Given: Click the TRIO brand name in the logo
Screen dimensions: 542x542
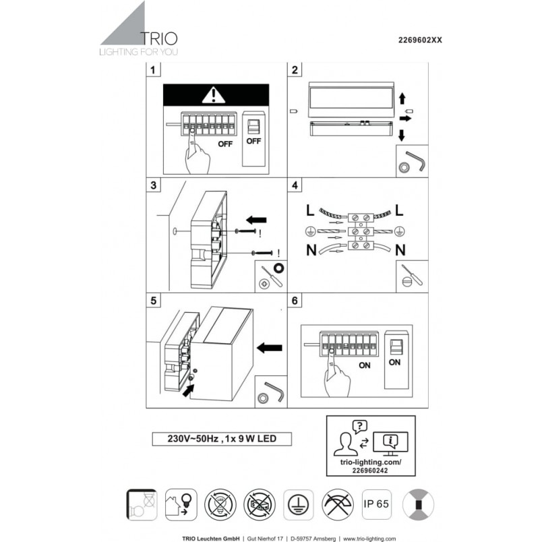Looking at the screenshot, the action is [x=159, y=38].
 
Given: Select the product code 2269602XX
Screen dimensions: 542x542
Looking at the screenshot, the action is [x=420, y=40].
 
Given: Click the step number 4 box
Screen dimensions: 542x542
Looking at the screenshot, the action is [x=295, y=185].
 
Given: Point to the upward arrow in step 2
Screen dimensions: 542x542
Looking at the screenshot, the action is [x=402, y=98].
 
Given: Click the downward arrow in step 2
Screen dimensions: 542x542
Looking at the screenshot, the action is [x=401, y=135].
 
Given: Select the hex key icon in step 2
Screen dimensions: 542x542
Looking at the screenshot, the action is [x=416, y=160].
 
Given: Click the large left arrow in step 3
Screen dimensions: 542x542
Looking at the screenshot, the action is [x=256, y=220].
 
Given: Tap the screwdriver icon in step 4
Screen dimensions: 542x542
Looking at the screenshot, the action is [x=412, y=275].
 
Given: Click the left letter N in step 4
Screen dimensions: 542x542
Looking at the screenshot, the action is [x=311, y=249].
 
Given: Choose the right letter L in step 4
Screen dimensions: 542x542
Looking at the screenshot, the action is [x=399, y=210].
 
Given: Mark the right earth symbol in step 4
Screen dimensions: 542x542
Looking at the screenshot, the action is [x=400, y=231].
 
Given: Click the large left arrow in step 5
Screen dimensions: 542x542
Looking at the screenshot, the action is [x=270, y=348].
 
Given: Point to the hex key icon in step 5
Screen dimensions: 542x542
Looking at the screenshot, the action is [x=274, y=392].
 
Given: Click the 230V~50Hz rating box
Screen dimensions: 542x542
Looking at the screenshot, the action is [x=222, y=439].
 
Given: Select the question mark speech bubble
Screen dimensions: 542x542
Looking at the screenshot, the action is [x=359, y=427].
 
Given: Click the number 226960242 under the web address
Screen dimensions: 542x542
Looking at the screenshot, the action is [x=370, y=471].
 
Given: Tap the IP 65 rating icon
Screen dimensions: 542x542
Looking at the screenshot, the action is [x=376, y=504].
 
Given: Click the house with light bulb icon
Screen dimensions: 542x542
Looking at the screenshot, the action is [x=181, y=504].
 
